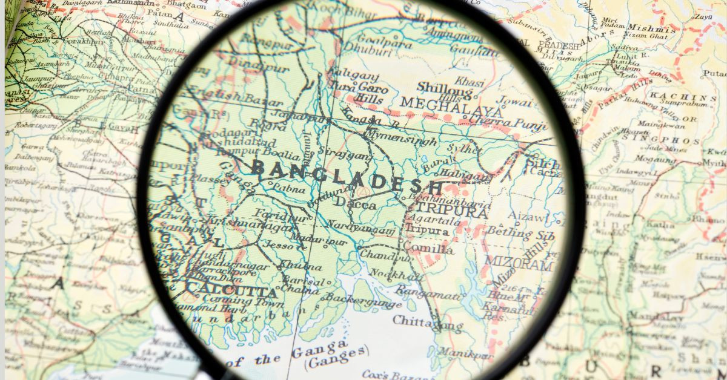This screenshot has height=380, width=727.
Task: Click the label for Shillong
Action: coord(444,89)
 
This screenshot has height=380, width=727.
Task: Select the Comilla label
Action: coord(428,248)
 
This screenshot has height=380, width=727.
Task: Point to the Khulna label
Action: coord(300,266)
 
